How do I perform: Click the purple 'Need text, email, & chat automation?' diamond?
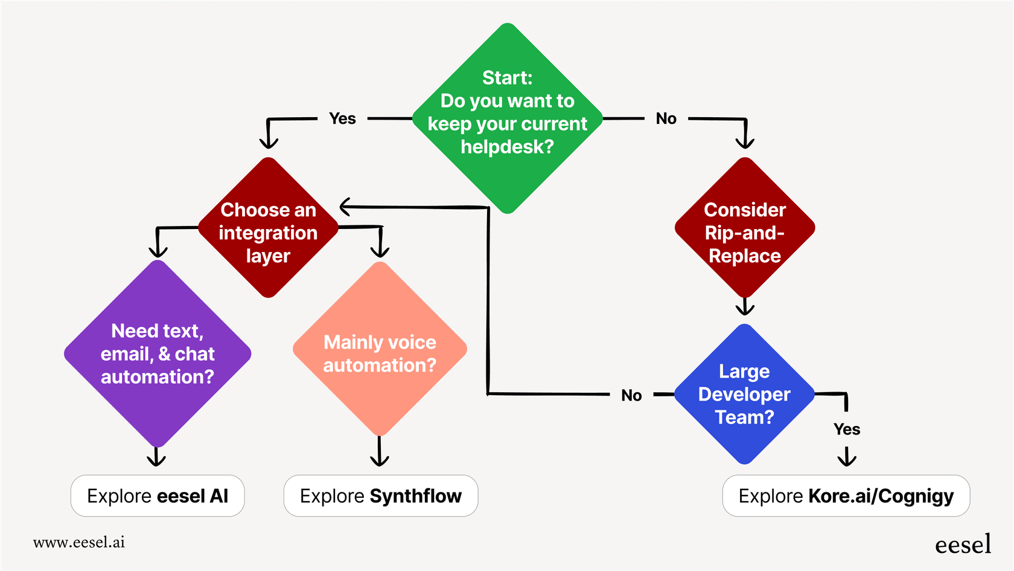point(158,353)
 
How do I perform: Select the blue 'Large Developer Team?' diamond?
point(745,394)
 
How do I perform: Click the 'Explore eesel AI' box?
point(158,496)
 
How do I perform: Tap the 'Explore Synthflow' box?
point(381,496)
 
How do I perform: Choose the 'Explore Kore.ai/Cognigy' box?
point(846,496)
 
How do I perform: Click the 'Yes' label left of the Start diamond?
point(342,119)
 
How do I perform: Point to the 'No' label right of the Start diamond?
point(666,119)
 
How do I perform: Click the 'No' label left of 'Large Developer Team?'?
point(631,396)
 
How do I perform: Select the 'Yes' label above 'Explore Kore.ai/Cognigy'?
point(847,430)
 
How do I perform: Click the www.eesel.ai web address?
point(79,542)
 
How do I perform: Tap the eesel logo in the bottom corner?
point(963,544)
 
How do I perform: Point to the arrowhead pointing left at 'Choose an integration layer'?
point(346,207)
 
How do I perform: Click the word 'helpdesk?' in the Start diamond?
point(507,147)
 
